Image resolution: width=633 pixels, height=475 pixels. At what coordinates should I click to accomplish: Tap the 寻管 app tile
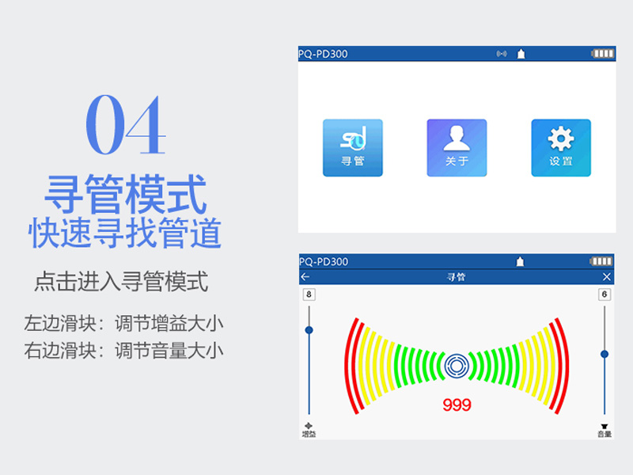(x=352, y=148)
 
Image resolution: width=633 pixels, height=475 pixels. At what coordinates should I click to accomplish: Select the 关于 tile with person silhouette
(x=457, y=148)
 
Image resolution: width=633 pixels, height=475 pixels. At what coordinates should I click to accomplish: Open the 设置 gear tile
(x=561, y=148)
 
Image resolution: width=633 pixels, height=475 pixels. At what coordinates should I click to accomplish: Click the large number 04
(x=126, y=125)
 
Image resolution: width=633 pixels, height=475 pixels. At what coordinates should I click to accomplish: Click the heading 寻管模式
(x=126, y=194)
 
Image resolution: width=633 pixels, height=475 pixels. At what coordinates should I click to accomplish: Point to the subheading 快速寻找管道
(x=125, y=233)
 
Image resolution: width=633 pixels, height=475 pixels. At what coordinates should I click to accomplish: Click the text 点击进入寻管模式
(x=122, y=282)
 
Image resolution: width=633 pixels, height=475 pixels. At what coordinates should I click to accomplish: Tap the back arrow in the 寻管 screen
(x=305, y=276)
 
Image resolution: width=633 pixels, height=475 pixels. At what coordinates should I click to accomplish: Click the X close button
(x=606, y=276)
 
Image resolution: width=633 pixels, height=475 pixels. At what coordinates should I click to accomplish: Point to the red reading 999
(x=457, y=405)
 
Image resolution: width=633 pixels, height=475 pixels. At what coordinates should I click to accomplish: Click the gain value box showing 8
(x=309, y=294)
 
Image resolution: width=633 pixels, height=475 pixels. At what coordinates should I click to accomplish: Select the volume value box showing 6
(x=605, y=294)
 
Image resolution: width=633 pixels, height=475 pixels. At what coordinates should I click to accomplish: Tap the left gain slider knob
(x=309, y=330)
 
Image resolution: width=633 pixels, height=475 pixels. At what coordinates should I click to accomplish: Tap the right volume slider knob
(x=605, y=354)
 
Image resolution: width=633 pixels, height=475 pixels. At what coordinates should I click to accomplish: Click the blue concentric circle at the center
(x=457, y=366)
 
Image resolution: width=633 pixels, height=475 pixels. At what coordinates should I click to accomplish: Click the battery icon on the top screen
(x=603, y=53)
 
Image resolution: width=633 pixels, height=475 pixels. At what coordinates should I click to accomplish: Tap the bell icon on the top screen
(x=521, y=54)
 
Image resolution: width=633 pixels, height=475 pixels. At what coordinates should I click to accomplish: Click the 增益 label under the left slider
(x=309, y=434)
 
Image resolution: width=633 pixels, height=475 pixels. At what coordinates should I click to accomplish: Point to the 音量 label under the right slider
(x=605, y=434)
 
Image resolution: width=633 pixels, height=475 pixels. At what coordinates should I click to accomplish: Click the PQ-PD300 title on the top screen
(x=323, y=54)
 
